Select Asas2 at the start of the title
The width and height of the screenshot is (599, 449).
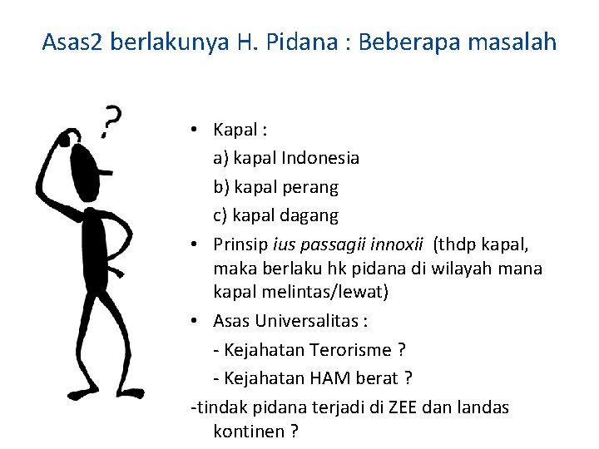pyautogui.click(x=73, y=42)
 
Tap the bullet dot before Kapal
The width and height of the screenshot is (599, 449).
pyautogui.click(x=192, y=129)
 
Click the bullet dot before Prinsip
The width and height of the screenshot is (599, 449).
pyautogui.click(x=192, y=245)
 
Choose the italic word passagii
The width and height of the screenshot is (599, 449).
pyautogui.click(x=326, y=245)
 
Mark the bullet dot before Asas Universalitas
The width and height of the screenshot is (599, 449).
pyautogui.click(x=192, y=321)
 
